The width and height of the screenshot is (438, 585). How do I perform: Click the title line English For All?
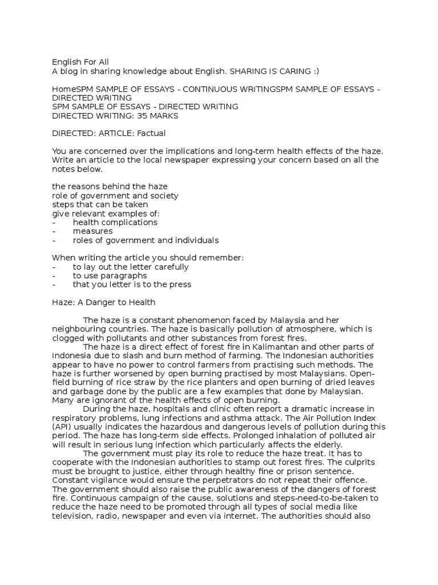tap(80, 62)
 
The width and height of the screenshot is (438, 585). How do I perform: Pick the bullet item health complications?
tap(115, 222)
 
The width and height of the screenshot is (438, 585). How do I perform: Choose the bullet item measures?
tap(92, 231)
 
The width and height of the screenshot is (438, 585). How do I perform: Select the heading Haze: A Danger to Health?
tap(104, 302)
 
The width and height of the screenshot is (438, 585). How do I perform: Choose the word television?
tap(72, 515)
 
